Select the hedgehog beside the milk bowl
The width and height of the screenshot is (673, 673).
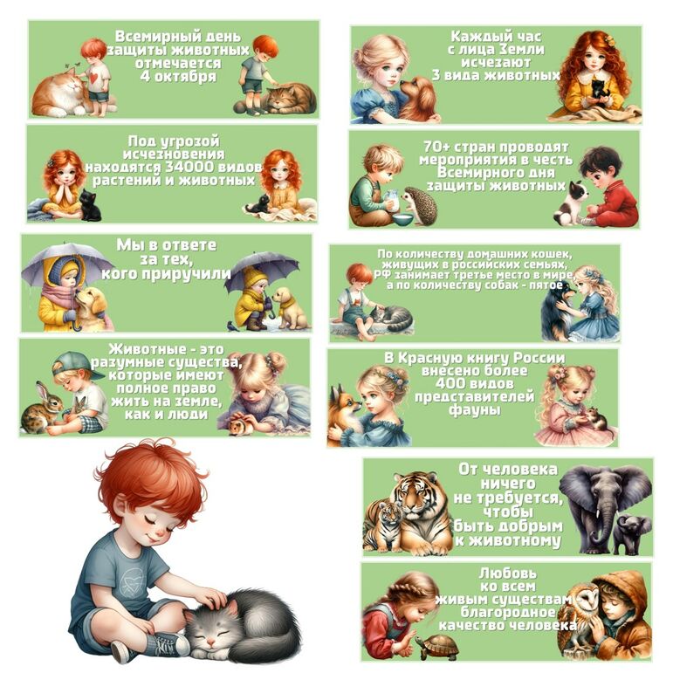click(418, 204)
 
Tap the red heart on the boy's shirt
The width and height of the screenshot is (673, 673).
click(94, 78)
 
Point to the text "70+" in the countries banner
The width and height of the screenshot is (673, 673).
click(436, 147)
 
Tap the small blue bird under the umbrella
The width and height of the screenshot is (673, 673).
click(232, 326)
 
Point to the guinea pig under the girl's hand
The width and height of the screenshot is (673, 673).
click(241, 426)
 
